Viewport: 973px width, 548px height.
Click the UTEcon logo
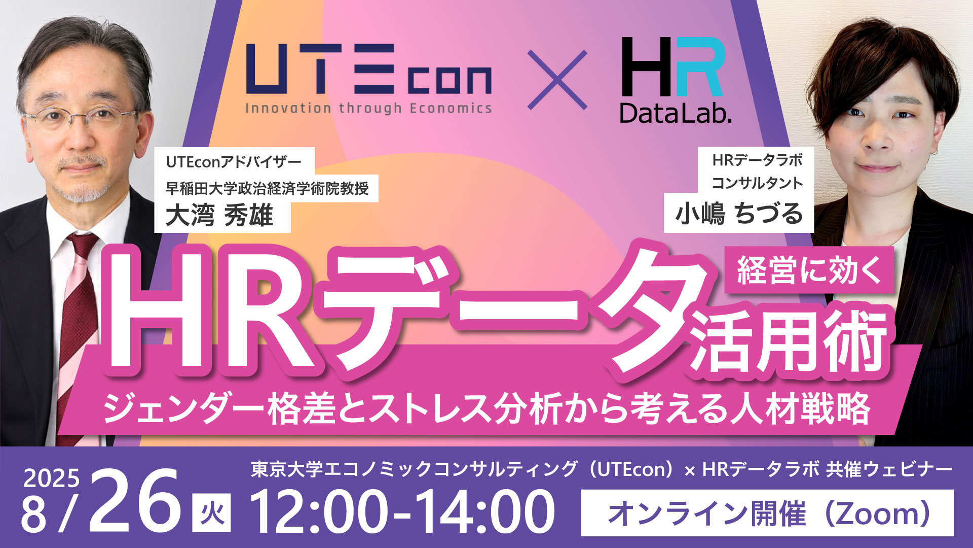[368, 78]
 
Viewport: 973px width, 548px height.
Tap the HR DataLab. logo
[676, 80]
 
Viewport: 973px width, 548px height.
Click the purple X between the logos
[557, 80]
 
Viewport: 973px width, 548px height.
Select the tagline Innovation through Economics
[368, 108]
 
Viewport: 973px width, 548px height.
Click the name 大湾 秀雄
[219, 215]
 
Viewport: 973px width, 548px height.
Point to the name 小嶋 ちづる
[739, 213]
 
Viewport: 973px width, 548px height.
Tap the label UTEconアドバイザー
[234, 162]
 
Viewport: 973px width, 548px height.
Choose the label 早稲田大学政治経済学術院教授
[267, 188]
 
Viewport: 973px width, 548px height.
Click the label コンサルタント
[757, 183]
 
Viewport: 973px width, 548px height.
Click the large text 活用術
[790, 341]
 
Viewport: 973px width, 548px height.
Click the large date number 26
[135, 500]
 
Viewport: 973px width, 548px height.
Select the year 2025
[52, 478]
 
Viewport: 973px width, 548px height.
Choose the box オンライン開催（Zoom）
[767, 513]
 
